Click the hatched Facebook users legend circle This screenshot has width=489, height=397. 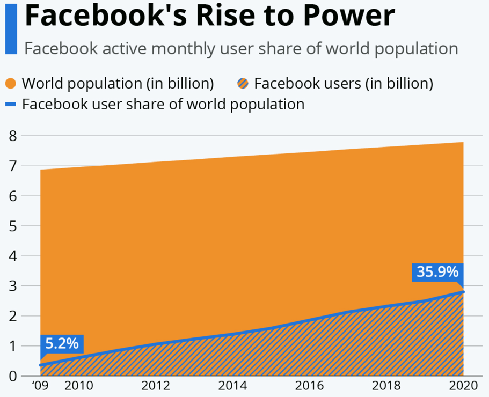click(243, 84)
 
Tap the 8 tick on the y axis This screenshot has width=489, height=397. click(12, 136)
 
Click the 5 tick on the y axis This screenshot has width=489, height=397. click(12, 226)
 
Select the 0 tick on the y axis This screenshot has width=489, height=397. click(12, 376)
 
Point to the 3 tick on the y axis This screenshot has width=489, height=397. click(12, 286)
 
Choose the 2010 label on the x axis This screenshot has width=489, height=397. click(79, 386)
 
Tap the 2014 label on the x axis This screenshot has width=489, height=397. click(233, 386)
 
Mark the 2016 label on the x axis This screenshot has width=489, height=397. click(310, 386)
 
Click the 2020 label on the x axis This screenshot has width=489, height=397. click(463, 386)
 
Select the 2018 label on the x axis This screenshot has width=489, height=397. click(386, 386)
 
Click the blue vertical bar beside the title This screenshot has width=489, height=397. click(11, 28)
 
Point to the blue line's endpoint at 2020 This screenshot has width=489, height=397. click(463, 291)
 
